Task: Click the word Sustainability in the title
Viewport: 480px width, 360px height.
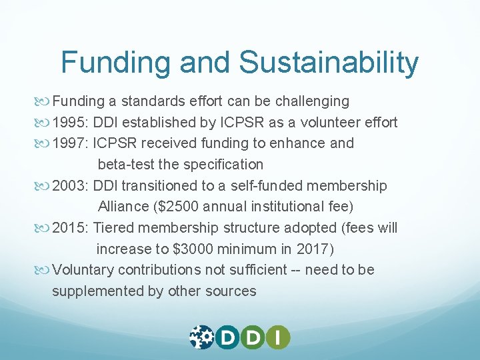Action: point(329,63)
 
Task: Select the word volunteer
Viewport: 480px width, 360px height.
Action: point(329,123)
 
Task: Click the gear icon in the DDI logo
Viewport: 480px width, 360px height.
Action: point(201,337)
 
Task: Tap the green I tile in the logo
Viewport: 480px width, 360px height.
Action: point(278,337)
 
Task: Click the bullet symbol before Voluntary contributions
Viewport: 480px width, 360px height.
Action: point(44,271)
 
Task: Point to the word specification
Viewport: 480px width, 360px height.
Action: point(221,165)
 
